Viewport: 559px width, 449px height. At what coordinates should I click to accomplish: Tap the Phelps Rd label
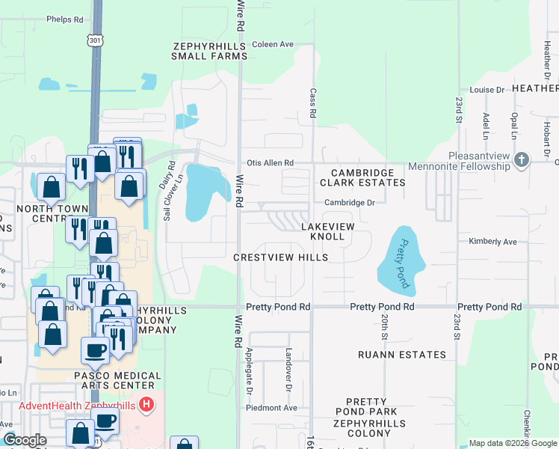pyautogui.click(x=64, y=19)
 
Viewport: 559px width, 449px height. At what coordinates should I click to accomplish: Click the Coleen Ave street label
pyautogui.click(x=273, y=44)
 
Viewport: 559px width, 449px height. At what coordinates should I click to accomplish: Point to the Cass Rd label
pyautogui.click(x=314, y=104)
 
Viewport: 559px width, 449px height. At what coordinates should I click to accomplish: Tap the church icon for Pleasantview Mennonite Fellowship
pyautogui.click(x=522, y=159)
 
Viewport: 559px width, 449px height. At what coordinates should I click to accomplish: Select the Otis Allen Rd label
pyautogui.click(x=270, y=162)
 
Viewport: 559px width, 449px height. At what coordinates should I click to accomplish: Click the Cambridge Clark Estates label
pyautogui.click(x=362, y=177)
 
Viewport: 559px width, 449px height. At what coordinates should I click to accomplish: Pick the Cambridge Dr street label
pyautogui.click(x=349, y=202)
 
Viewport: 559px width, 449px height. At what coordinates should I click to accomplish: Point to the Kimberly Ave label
pyautogui.click(x=492, y=242)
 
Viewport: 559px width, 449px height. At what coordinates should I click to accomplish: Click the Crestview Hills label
pyautogui.click(x=280, y=257)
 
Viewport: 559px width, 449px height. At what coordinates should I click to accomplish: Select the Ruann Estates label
pyautogui.click(x=401, y=355)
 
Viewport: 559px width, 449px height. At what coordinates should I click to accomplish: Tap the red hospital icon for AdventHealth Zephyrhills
pyautogui.click(x=147, y=406)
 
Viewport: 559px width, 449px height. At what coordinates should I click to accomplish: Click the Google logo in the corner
pyautogui.click(x=25, y=440)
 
